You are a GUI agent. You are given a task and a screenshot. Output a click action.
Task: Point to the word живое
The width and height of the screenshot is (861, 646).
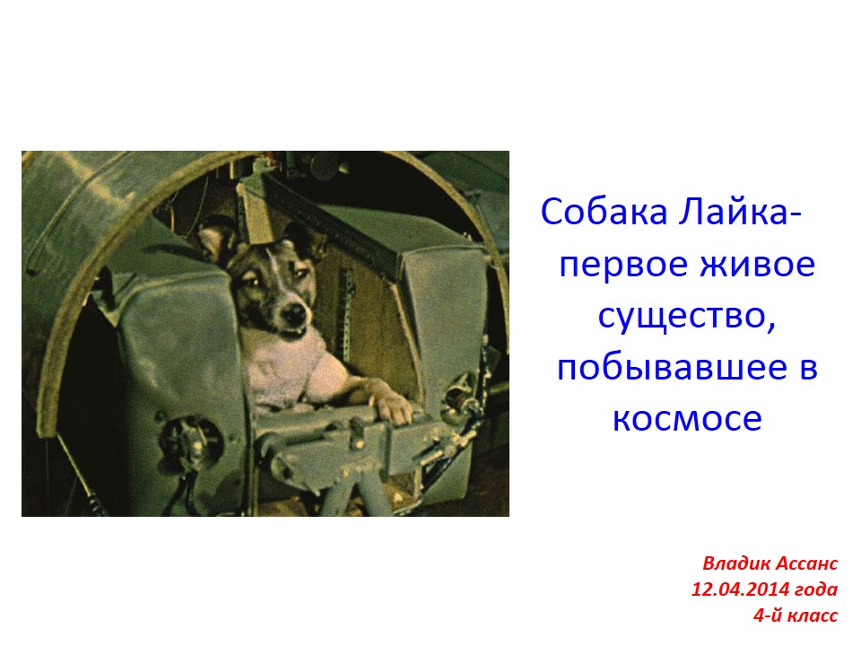(758, 265)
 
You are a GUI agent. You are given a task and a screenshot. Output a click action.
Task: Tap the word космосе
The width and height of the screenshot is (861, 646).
(687, 419)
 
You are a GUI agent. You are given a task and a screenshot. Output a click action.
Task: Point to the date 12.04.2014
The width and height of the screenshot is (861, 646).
(743, 589)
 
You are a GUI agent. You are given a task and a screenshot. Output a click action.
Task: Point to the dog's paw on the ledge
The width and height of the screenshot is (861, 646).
(392, 409)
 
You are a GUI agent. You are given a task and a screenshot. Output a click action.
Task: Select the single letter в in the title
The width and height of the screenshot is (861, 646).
(808, 369)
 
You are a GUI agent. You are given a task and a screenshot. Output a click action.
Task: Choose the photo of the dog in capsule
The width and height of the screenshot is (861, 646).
(265, 334)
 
